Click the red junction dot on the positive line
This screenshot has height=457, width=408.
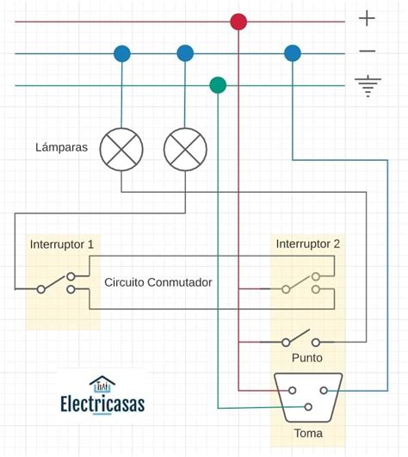238,22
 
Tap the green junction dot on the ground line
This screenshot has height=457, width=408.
218,84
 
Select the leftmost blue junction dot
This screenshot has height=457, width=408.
121,53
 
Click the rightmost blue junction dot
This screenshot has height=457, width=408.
293,53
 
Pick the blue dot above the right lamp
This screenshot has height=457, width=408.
185,53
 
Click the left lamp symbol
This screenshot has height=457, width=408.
121,148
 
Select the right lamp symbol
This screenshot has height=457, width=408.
185,148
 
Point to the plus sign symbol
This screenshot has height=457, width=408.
368,18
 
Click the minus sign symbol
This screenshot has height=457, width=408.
368,52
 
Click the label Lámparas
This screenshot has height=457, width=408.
61,147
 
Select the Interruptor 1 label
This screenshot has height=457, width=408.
62,244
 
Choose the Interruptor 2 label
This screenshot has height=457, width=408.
307,244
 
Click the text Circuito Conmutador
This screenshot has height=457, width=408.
158,282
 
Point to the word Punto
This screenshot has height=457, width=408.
306,357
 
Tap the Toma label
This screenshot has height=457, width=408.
307,434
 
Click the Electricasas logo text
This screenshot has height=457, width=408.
102,404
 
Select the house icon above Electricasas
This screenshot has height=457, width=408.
102,383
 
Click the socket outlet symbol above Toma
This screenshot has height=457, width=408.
307,396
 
